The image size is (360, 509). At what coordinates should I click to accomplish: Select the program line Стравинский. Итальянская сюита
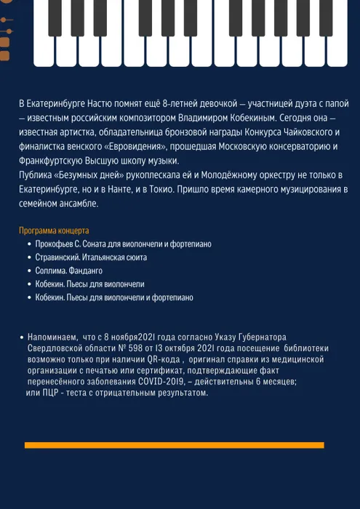(x=91, y=257)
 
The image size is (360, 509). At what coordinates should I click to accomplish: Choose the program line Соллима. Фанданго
(x=71, y=270)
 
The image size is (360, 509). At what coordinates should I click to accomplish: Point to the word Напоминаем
(x=50, y=339)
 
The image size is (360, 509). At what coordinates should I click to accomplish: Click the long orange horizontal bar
(x=175, y=444)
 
